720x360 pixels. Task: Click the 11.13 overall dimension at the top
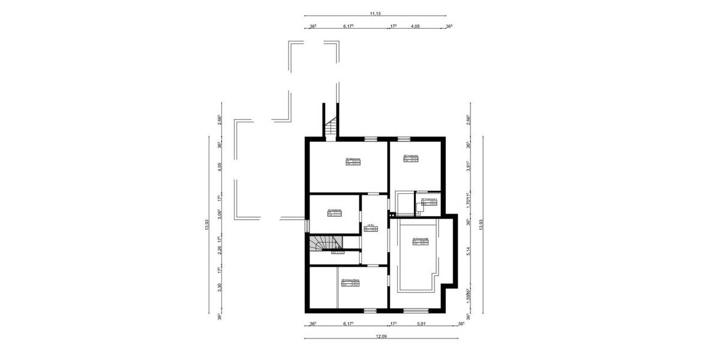[376, 12]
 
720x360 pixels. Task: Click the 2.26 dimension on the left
[220, 251]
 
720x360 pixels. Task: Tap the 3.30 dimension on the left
[220, 287]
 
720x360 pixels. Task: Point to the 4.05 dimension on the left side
[220, 167]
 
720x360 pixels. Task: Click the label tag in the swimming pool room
[420, 242]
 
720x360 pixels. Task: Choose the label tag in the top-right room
[411, 158]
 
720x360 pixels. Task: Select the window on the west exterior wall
[307, 226]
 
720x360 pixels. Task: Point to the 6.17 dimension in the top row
[349, 26]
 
